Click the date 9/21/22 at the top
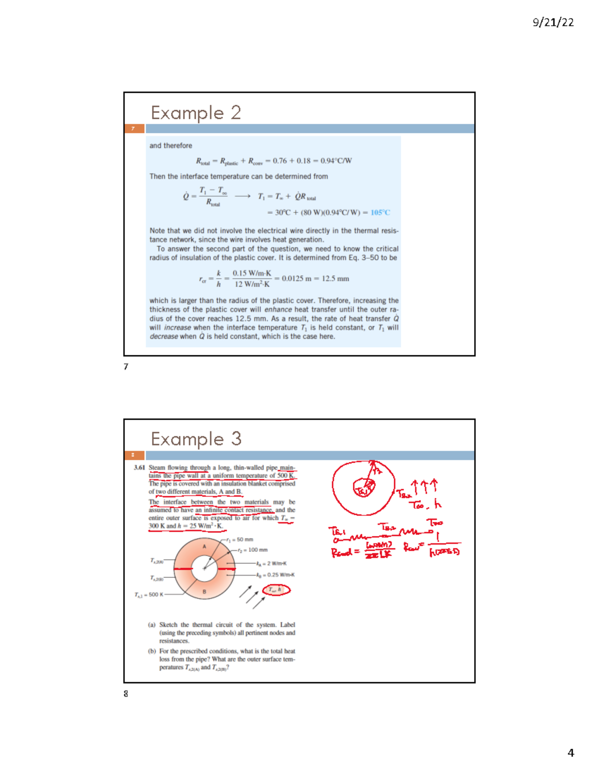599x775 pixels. (x=553, y=22)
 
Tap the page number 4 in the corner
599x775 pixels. (x=571, y=753)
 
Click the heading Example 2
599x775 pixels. (x=196, y=113)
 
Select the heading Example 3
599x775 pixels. (x=196, y=439)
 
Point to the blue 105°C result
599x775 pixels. (x=380, y=213)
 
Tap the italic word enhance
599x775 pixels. (x=278, y=309)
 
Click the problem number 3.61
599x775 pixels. (x=139, y=468)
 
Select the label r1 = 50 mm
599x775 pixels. (x=240, y=539)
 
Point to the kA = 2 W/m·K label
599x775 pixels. (x=271, y=563)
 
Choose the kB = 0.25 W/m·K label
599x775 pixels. (x=275, y=575)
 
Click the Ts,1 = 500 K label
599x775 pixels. (x=148, y=594)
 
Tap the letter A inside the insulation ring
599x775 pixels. (x=204, y=547)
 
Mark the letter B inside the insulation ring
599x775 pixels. (x=204, y=592)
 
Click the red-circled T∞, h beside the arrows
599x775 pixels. (x=276, y=590)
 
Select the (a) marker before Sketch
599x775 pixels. (x=152, y=625)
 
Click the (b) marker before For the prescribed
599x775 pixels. (x=152, y=651)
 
